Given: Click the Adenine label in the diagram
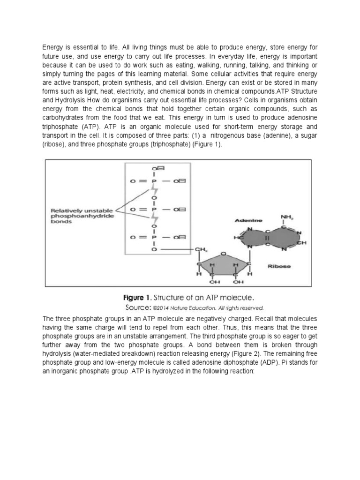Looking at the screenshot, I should coord(246,220).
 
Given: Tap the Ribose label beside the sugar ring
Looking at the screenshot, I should coord(279,266).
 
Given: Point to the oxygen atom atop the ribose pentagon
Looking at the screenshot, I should coord(223,254).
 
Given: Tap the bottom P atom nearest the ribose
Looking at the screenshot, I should coord(153,237).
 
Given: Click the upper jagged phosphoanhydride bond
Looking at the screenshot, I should coord(153,194).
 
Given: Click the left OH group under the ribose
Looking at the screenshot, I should coord(214,282).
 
